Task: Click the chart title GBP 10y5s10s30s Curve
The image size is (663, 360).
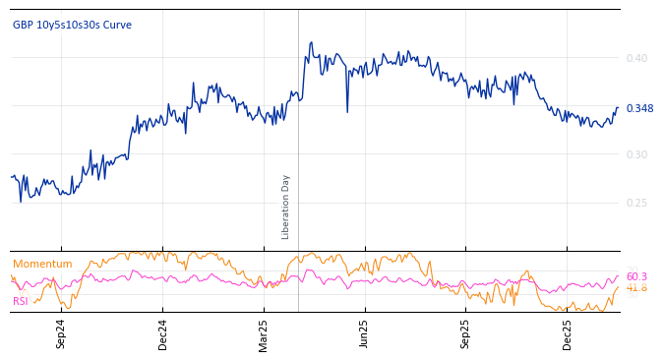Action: (72, 26)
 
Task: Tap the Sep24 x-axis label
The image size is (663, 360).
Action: (61, 333)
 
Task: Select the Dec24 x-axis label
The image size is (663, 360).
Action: (163, 333)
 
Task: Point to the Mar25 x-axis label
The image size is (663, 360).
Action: (264, 333)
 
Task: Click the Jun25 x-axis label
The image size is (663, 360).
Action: (365, 333)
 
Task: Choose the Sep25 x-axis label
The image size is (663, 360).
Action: (466, 333)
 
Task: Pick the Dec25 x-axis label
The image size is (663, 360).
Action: (568, 333)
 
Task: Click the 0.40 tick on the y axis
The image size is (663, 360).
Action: (636, 58)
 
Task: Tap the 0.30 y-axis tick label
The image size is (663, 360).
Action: (636, 154)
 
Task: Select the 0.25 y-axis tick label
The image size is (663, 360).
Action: (636, 203)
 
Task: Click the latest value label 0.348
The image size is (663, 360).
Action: (639, 108)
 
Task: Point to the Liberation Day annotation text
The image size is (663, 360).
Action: (286, 207)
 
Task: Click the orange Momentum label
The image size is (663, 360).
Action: (42, 264)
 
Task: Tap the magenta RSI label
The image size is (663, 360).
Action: (21, 301)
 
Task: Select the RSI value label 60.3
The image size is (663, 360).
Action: (636, 277)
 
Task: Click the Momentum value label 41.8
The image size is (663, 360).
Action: (636, 288)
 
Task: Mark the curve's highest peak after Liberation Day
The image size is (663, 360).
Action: (312, 42)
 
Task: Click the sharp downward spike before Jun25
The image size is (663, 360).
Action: (347, 111)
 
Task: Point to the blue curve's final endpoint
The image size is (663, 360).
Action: (618, 108)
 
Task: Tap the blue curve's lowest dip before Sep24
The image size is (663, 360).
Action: (21, 202)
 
